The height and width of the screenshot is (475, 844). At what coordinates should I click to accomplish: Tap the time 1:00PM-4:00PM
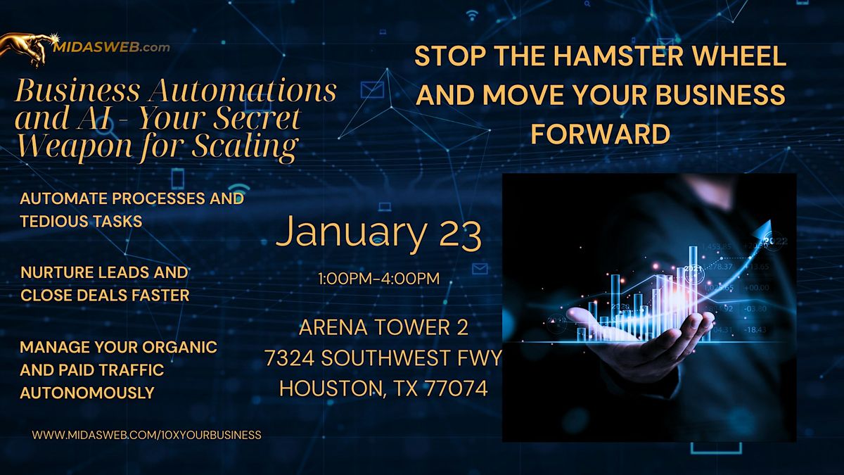(x=379, y=279)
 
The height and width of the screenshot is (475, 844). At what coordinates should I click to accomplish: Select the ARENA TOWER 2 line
(x=383, y=327)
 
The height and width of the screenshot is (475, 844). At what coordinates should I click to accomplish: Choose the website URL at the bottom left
(x=146, y=435)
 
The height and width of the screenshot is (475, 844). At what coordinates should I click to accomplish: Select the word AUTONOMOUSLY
(x=87, y=393)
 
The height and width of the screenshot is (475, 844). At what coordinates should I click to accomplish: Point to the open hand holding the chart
(x=633, y=327)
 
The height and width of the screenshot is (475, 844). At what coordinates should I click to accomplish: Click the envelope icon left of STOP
(x=371, y=90)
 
